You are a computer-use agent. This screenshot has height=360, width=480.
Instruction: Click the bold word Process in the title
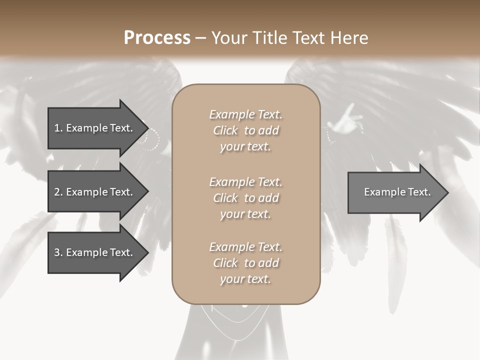157,38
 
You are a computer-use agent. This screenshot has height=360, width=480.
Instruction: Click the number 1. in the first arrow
58,128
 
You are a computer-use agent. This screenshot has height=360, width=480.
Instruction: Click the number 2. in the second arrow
58,192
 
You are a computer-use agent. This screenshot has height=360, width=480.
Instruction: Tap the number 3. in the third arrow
58,252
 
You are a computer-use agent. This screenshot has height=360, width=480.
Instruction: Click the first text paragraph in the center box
245,130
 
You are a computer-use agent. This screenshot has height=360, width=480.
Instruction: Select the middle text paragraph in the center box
245,197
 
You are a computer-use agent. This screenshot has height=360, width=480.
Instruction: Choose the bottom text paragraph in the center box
245,263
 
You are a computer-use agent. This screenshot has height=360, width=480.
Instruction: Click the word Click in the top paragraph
225,130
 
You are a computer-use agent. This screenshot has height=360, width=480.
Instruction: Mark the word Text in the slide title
308,38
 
